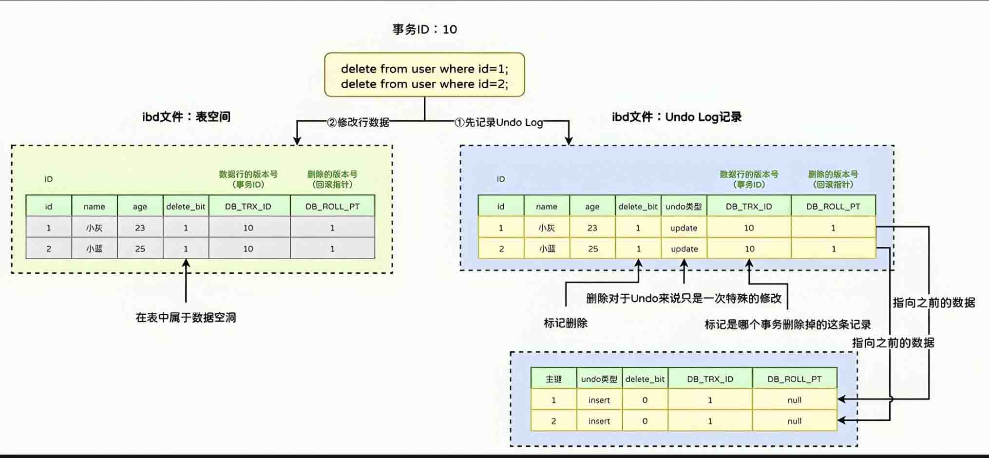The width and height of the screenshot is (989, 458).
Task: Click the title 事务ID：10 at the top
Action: (424, 29)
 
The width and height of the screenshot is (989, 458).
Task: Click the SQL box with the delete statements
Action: (424, 76)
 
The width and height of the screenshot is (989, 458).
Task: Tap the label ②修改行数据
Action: (358, 122)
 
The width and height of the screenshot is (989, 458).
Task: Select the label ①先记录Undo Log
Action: (498, 122)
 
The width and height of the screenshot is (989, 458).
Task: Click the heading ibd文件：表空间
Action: (186, 117)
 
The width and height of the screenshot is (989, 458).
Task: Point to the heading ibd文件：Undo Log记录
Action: (677, 117)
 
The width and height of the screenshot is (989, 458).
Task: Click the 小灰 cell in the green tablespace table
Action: (94, 228)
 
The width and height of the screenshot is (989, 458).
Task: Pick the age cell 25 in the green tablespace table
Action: (140, 248)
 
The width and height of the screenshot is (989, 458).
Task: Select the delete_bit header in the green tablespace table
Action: (186, 207)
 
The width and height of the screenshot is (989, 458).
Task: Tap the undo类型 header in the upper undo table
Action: (684, 207)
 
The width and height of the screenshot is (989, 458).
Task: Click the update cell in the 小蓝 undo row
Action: (684, 249)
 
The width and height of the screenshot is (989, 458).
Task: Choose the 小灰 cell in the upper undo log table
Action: (547, 228)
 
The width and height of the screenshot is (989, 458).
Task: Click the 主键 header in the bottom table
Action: (553, 379)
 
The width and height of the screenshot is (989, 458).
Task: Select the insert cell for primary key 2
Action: (599, 421)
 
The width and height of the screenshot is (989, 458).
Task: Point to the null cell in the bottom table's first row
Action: (794, 400)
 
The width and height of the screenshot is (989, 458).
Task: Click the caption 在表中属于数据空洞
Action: (186, 318)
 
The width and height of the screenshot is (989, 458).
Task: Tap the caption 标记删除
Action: (565, 323)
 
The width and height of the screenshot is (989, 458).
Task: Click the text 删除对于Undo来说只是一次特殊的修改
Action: (684, 298)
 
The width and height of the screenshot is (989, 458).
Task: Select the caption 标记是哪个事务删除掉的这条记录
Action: (787, 324)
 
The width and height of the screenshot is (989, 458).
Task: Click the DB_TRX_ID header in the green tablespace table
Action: (248, 207)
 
